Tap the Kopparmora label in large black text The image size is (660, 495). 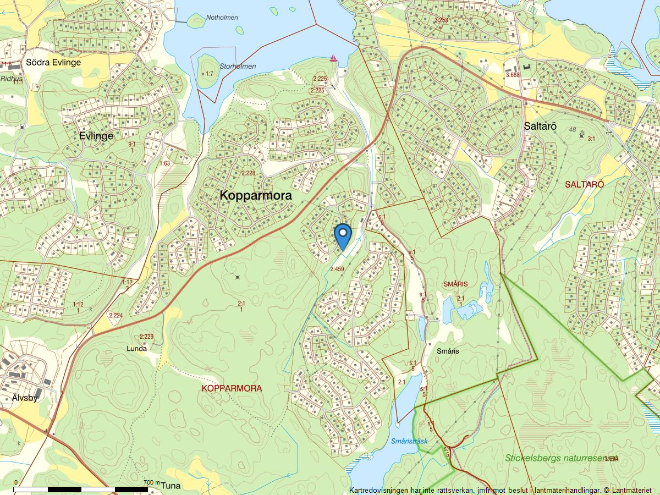pyautogui.click(x=256, y=195)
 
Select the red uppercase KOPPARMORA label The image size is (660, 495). pyautogui.click(x=232, y=388)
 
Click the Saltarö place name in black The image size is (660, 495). pyautogui.click(x=540, y=126)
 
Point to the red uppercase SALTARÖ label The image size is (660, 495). pyautogui.click(x=584, y=184)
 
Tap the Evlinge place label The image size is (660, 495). pyautogui.click(x=96, y=136)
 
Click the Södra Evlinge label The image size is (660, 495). pyautogui.click(x=53, y=62)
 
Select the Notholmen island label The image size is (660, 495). pyautogui.click(x=222, y=18)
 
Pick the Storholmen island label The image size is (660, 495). pyautogui.click(x=238, y=67)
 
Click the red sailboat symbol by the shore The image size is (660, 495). pyautogui.click(x=333, y=58)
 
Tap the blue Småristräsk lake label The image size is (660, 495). pyautogui.click(x=409, y=441)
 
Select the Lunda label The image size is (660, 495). pyautogui.click(x=137, y=349)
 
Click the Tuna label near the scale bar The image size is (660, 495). pyautogui.click(x=171, y=486)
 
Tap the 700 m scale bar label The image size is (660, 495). pyautogui.click(x=151, y=482)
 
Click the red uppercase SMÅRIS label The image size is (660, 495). pyautogui.click(x=455, y=284)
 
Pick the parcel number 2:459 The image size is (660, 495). pyautogui.click(x=337, y=269)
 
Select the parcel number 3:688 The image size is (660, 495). pyautogui.click(x=512, y=75)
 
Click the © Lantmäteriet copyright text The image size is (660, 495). pyautogui.click(x=627, y=490)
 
